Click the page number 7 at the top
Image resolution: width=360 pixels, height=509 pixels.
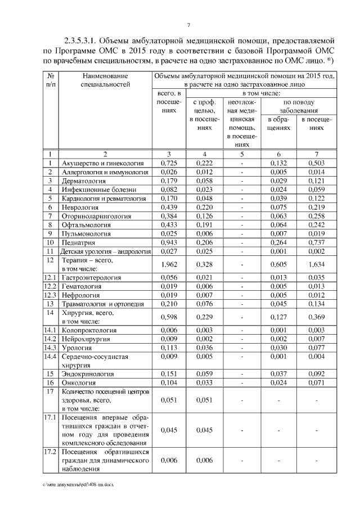pyautogui.click(x=188, y=25)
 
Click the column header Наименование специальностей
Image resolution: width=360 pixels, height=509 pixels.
pyautogui.click(x=105, y=80)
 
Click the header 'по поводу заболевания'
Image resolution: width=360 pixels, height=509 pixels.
pyautogui.click(x=298, y=106)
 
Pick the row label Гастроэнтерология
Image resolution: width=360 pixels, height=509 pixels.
pyautogui.click(x=90, y=277)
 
